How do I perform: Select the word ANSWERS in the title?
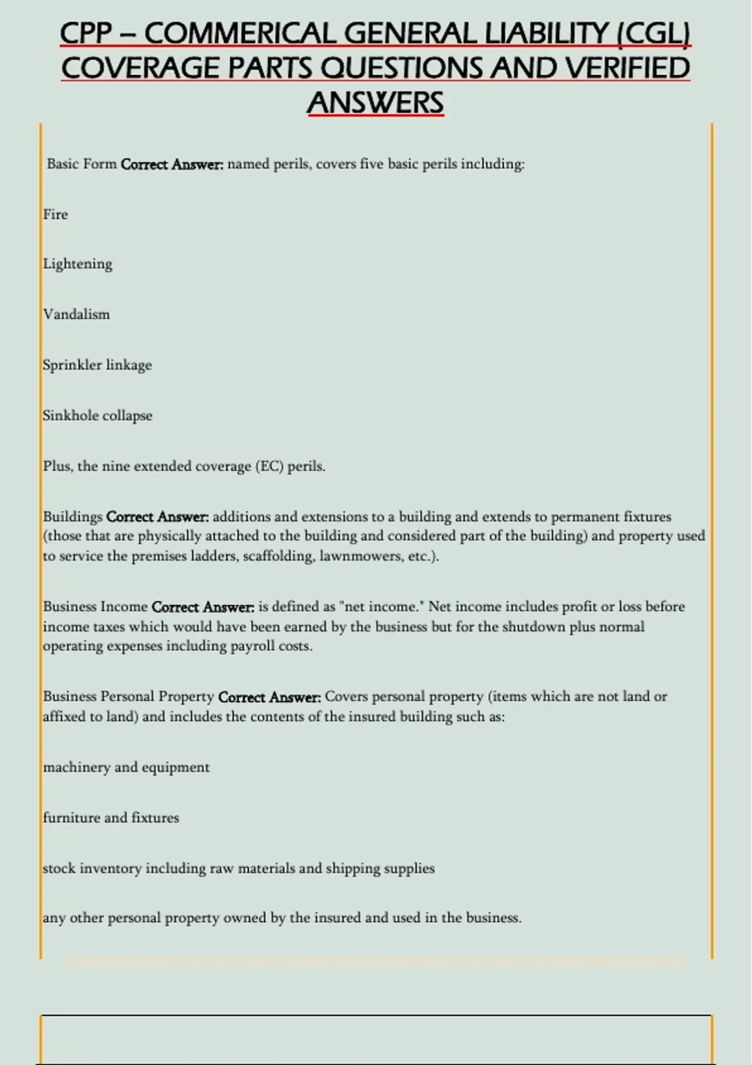coord(375,103)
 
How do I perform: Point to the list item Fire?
coord(55,214)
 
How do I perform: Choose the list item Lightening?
coord(78,264)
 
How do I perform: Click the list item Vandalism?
coord(76,314)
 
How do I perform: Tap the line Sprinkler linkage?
coord(97,365)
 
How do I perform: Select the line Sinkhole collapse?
coord(98,416)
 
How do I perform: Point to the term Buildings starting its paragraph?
coord(73,517)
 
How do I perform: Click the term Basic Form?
coord(82,164)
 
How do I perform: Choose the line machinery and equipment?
coord(126,767)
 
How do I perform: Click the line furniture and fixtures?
coord(111,818)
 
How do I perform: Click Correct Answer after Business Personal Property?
coord(269,697)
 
